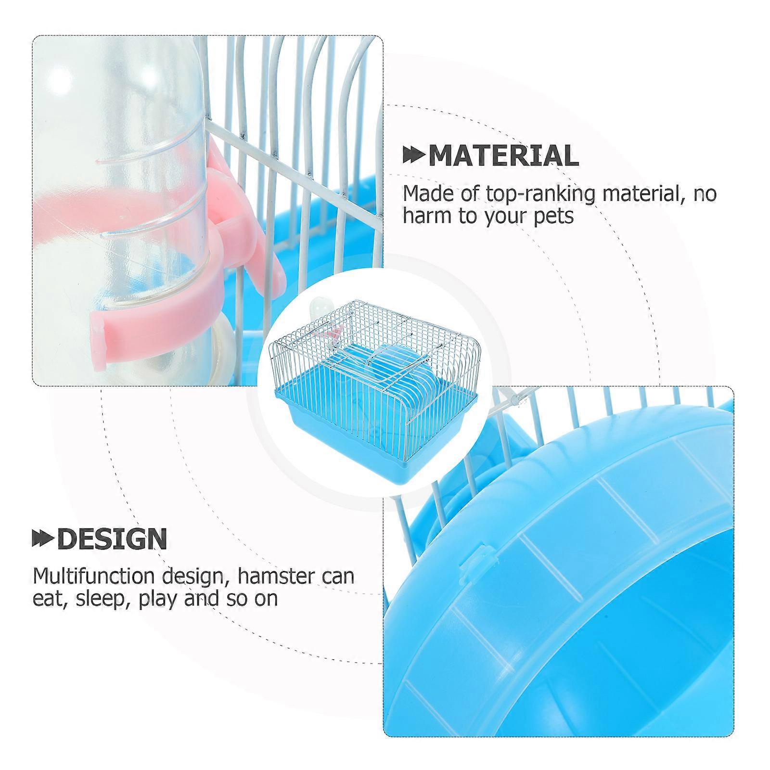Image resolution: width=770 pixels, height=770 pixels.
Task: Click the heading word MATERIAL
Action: [x=503, y=155]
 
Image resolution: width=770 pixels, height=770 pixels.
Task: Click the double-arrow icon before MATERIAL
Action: [x=414, y=155]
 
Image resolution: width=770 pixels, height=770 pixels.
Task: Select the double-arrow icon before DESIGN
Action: [x=43, y=539]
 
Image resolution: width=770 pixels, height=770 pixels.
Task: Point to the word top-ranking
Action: [x=543, y=194]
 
